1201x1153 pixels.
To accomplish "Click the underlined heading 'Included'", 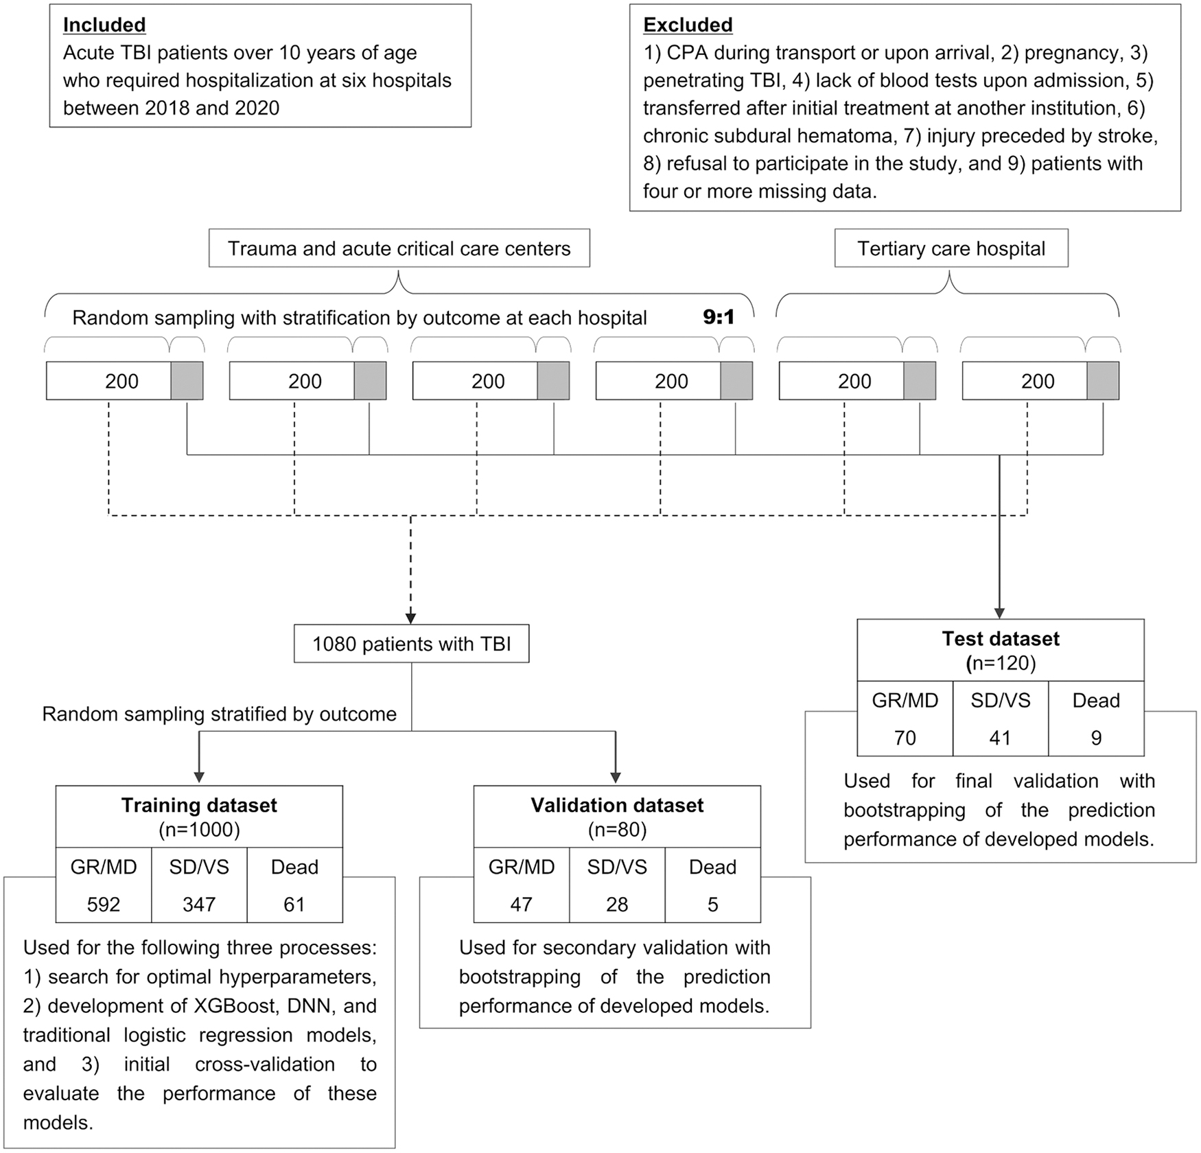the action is [104, 25].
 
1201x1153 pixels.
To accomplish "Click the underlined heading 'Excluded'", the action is [688, 25].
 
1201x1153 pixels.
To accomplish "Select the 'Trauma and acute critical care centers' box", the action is [399, 248].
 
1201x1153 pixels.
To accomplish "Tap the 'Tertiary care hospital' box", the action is [951, 248].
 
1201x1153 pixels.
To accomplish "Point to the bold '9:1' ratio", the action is [719, 317].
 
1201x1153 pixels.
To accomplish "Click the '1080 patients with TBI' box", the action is [412, 644].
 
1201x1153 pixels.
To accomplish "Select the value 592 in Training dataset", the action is [104, 905].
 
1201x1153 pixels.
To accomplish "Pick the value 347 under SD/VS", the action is [199, 905].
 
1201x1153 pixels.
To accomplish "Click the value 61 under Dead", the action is [294, 905].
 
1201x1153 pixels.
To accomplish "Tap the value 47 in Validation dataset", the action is [522, 905].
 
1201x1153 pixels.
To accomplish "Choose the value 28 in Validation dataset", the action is [617, 905].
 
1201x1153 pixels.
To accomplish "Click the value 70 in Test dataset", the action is [905, 738].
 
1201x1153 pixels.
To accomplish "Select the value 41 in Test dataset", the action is [1000, 738].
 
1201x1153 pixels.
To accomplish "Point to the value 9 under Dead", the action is [1097, 738].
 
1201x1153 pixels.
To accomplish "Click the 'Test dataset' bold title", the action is [1001, 639].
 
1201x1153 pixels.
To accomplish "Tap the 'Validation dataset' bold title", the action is [617, 805].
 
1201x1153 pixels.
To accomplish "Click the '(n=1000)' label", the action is [199, 830].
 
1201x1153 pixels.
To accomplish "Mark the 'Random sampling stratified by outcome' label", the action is [220, 714].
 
